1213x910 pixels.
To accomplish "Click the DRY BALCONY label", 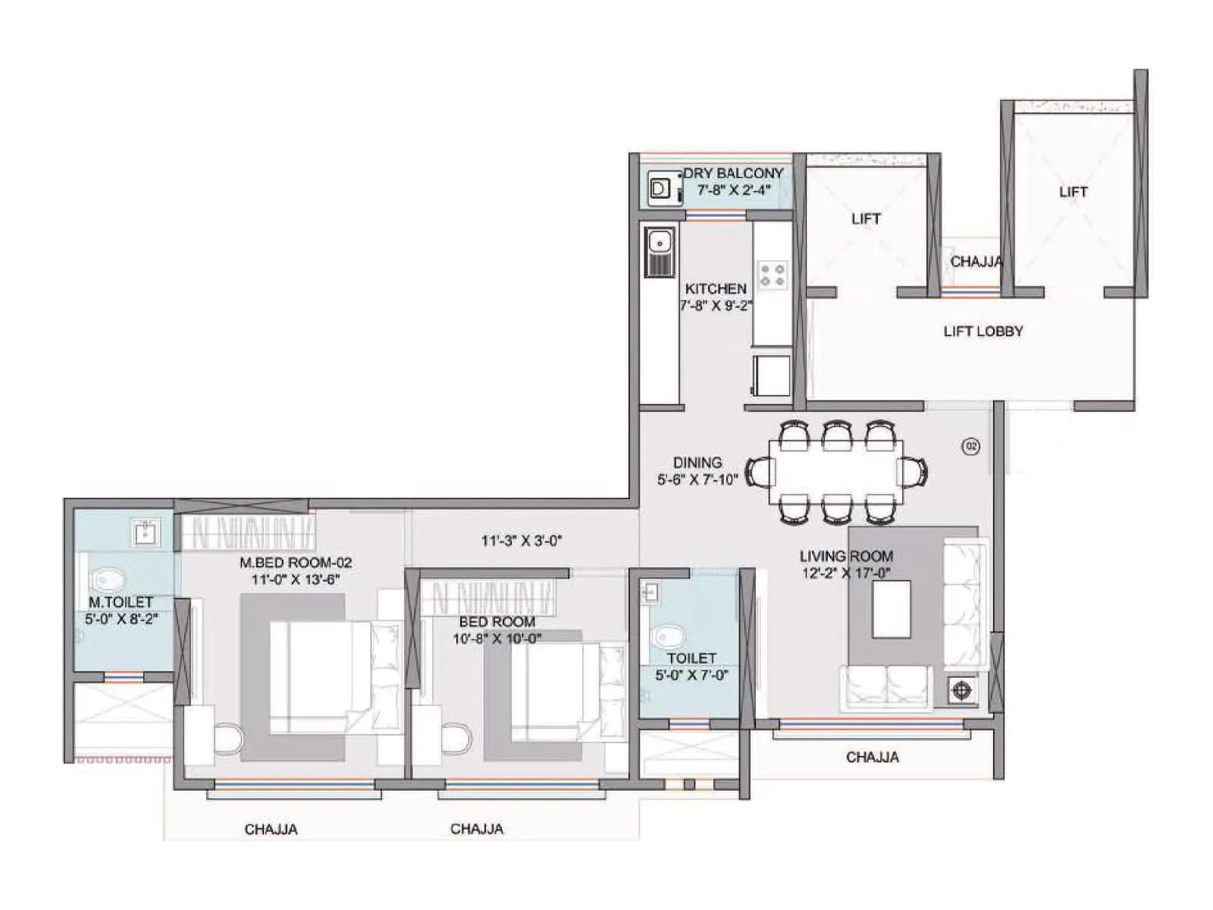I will pyautogui.click(x=733, y=174).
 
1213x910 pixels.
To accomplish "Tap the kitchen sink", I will pyautogui.click(x=660, y=243).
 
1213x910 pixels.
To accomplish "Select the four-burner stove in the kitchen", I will pyautogui.click(x=773, y=275).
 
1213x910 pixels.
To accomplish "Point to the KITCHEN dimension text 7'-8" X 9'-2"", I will pyautogui.click(x=716, y=306).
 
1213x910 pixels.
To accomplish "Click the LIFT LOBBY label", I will pyautogui.click(x=983, y=331).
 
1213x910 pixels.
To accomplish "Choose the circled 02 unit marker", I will pyautogui.click(x=970, y=447).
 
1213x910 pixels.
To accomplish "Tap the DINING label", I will pyautogui.click(x=697, y=463).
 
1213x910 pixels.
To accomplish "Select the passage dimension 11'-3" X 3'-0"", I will pyautogui.click(x=521, y=541).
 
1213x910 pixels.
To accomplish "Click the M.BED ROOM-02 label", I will pyautogui.click(x=296, y=563).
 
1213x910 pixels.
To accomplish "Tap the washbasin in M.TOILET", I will pyautogui.click(x=144, y=533).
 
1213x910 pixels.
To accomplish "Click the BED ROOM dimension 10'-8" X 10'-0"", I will pyautogui.click(x=497, y=639).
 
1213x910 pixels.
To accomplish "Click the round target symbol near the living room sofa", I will pyautogui.click(x=961, y=691).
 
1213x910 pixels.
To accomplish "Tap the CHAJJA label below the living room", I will pyautogui.click(x=872, y=758).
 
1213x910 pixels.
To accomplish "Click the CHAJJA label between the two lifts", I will pyautogui.click(x=976, y=262).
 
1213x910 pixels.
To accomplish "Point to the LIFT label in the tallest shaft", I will pyautogui.click(x=1073, y=193).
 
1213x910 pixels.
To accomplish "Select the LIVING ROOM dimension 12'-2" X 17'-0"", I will pyautogui.click(x=846, y=574).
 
